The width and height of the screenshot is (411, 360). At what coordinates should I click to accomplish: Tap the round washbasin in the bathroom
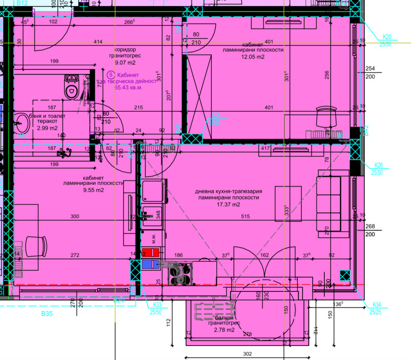coord(22,122)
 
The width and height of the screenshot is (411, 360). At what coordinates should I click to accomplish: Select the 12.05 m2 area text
coord(253,57)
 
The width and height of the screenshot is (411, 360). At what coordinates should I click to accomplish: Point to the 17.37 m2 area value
coord(228,204)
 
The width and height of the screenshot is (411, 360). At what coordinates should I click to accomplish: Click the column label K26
coord(377,165)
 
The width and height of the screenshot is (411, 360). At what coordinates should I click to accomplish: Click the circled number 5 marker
coord(110,75)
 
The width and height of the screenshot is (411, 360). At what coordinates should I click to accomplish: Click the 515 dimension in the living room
coord(245,217)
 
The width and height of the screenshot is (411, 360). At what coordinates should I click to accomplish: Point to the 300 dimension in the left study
coord(75,217)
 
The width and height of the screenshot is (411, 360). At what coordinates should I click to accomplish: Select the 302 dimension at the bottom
coord(248,353)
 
